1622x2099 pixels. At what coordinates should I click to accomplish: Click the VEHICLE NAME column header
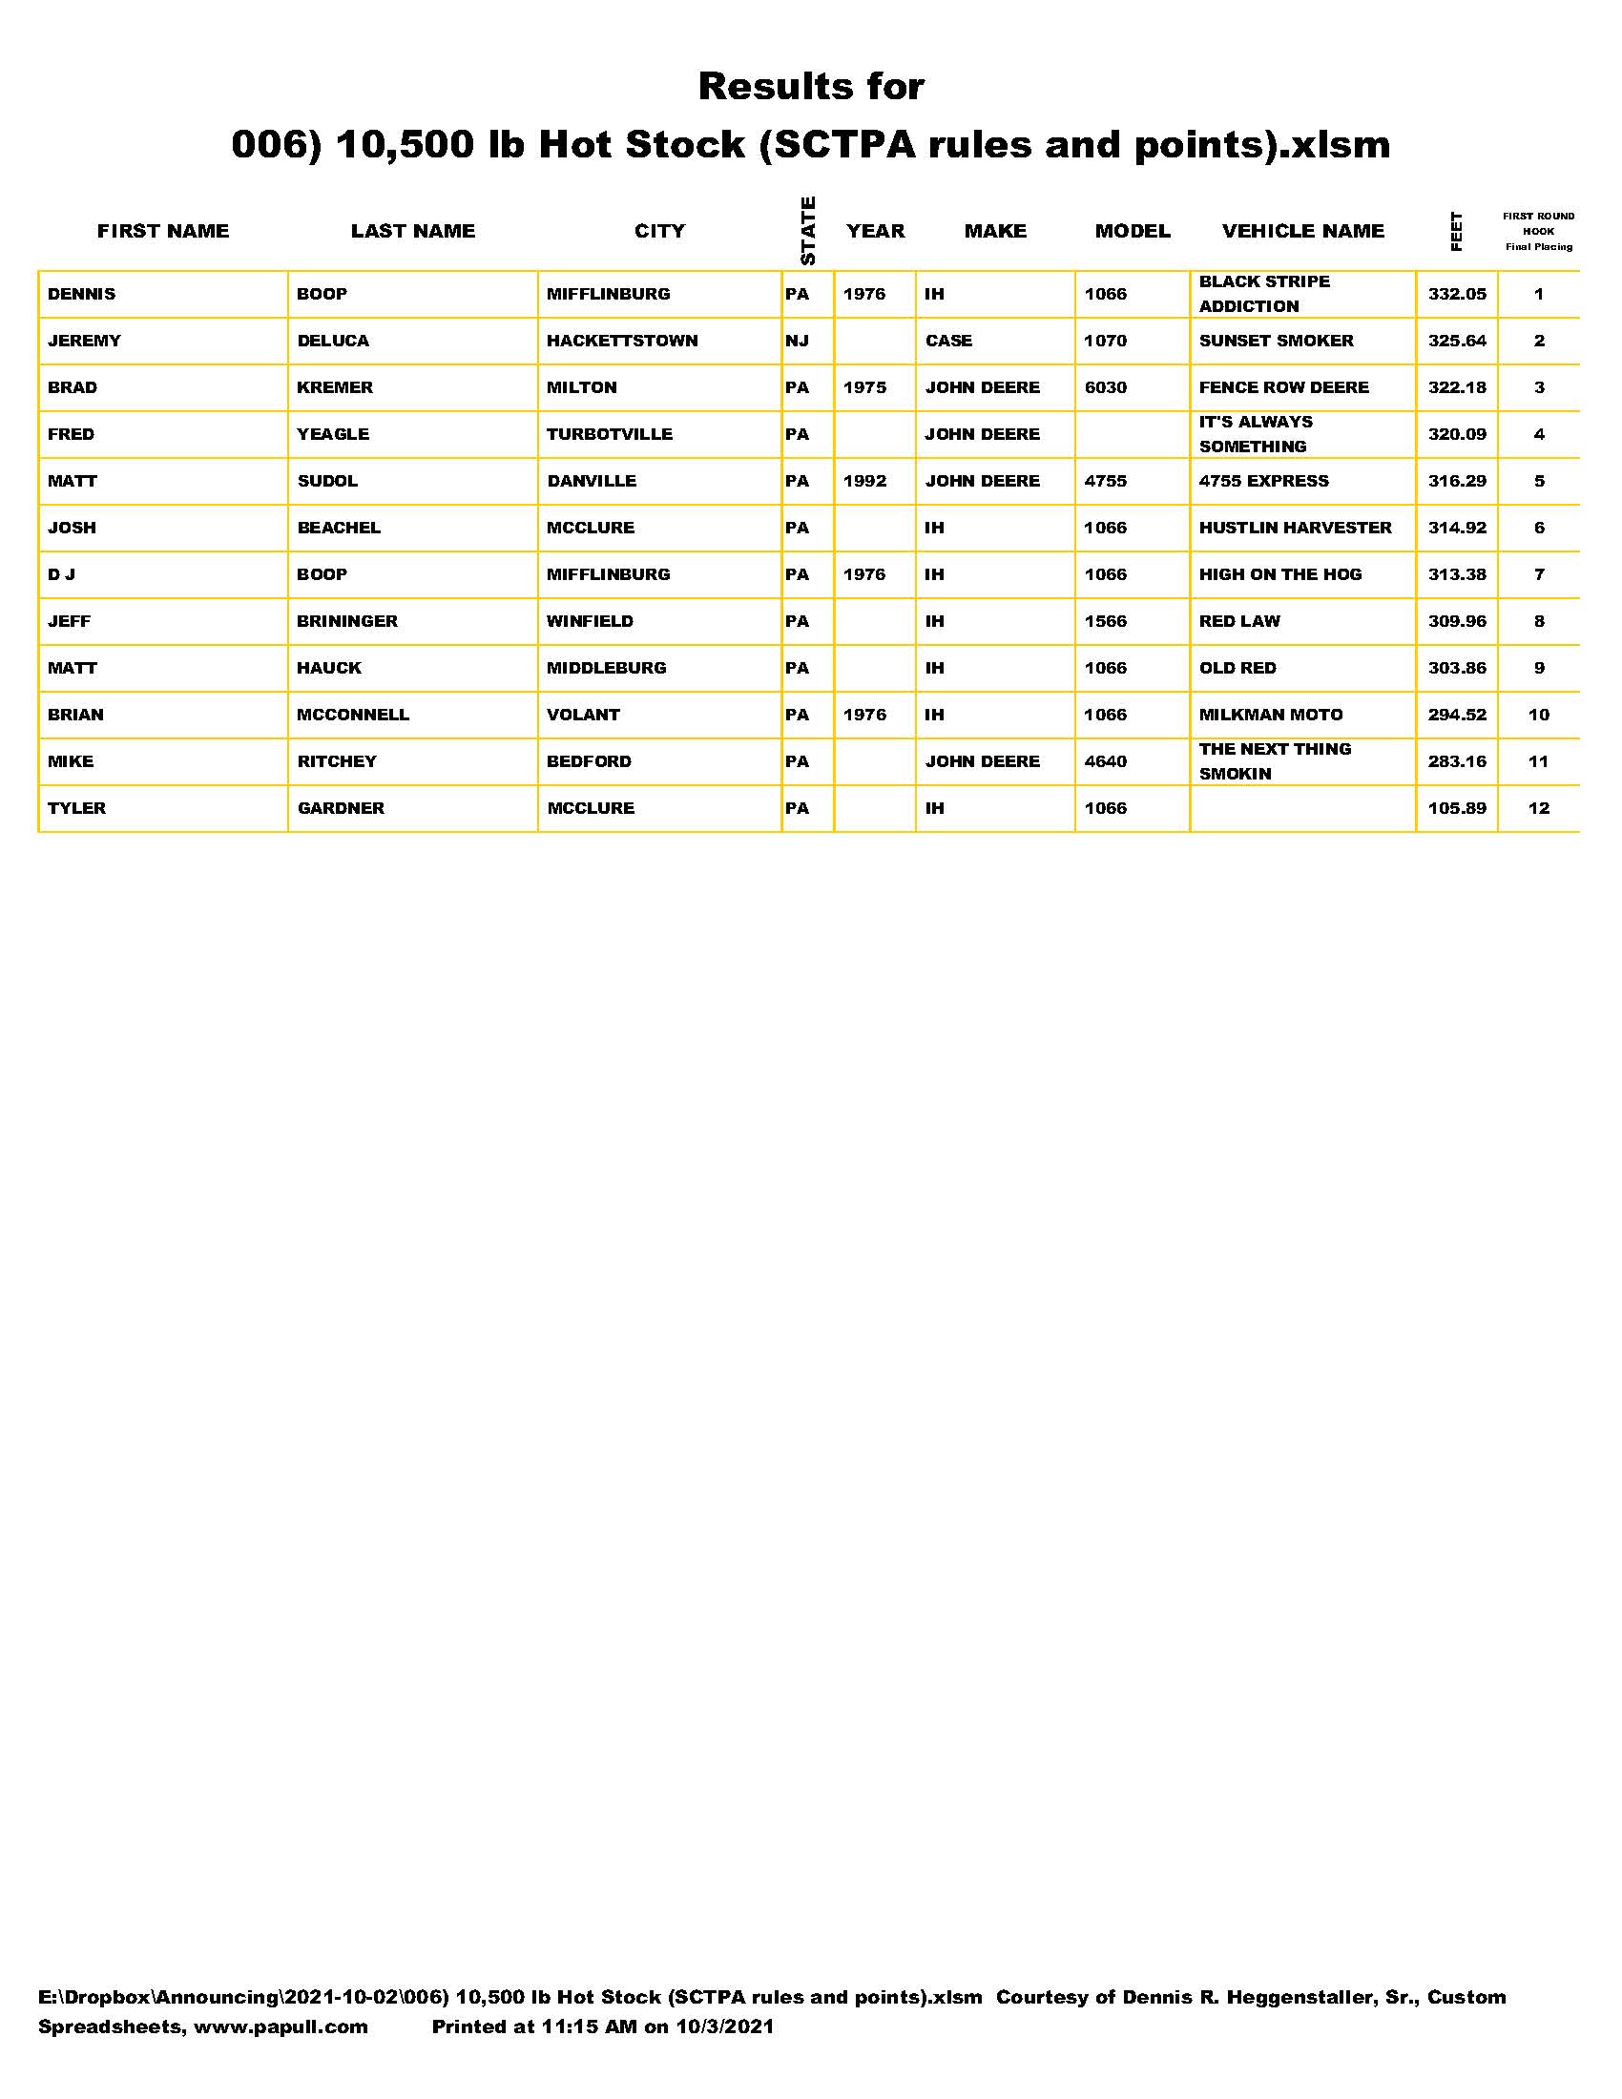(1302, 231)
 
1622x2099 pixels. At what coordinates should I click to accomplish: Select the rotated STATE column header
(807, 231)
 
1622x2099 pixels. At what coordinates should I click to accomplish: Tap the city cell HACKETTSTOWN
(622, 342)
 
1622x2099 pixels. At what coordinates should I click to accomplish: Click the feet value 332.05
(1456, 294)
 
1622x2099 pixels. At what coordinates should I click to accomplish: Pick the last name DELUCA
(332, 342)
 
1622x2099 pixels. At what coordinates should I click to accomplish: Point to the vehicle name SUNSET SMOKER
(1275, 342)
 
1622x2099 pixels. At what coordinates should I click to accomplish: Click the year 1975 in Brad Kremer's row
(863, 387)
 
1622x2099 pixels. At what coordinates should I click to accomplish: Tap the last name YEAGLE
(332, 434)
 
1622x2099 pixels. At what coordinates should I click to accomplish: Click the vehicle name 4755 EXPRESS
(1262, 481)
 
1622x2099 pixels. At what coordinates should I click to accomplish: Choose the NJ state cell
(797, 342)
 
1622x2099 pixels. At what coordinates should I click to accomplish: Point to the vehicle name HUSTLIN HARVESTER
(1295, 528)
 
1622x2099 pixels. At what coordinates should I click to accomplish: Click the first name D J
(61, 574)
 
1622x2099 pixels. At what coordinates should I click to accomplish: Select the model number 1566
(1105, 621)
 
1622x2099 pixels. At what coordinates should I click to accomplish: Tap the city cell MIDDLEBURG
(605, 668)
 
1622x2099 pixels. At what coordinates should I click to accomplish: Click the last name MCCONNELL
(353, 715)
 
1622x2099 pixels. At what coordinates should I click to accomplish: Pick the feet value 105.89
(1456, 808)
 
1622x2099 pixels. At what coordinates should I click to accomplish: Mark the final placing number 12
(1538, 808)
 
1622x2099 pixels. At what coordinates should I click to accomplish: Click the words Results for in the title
(810, 87)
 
